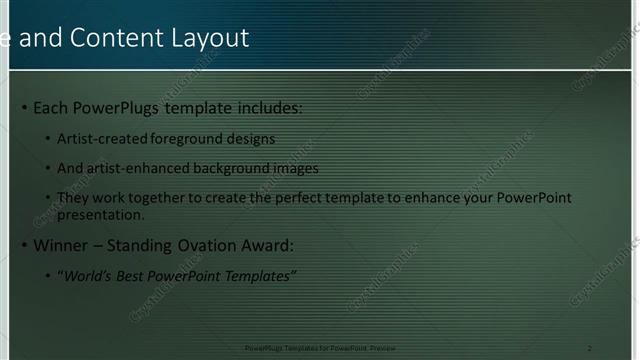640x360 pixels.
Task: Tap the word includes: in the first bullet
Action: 267,108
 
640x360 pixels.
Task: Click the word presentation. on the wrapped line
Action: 101,214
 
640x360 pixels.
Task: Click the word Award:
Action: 268,246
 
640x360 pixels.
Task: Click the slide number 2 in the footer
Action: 589,347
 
